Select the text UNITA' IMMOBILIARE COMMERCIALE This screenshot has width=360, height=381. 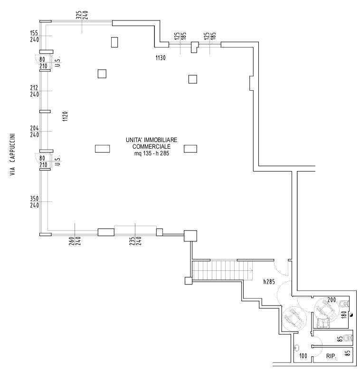[152, 143]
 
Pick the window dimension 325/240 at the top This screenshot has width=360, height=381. [82, 15]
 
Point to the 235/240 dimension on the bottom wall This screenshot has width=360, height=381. [136, 241]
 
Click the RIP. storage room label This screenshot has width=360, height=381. [332, 354]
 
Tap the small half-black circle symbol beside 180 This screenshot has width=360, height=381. [351, 314]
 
